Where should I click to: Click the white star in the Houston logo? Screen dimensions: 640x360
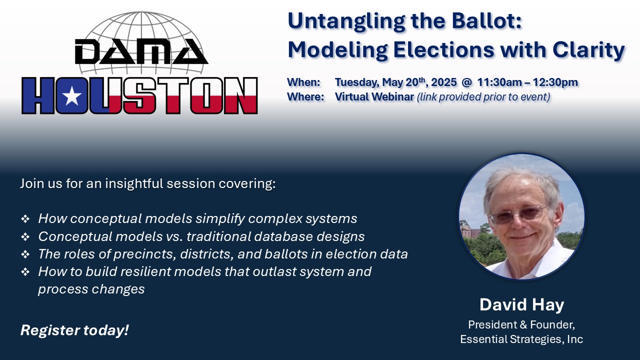click(71, 96)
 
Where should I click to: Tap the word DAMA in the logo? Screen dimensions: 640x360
click(141, 51)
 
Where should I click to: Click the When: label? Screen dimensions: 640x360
click(303, 82)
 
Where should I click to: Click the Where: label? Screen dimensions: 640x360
click(305, 97)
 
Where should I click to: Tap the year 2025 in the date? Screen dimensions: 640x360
click(443, 82)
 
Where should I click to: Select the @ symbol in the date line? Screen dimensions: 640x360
click(466, 82)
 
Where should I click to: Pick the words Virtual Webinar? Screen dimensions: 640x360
click(374, 97)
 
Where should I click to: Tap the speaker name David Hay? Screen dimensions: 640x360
click(521, 305)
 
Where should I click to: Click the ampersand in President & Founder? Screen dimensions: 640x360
click(523, 325)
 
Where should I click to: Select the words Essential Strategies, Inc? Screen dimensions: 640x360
click(521, 339)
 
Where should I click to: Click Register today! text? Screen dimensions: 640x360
click(74, 330)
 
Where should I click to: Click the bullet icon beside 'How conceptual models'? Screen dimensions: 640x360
click(25, 219)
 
